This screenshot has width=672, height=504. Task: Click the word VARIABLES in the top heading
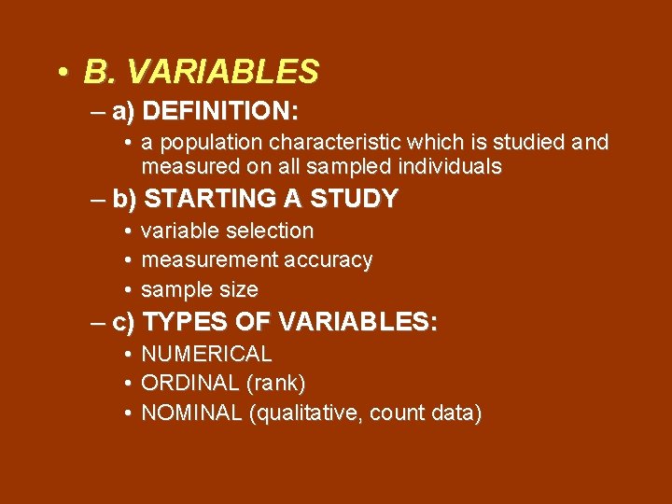(x=222, y=71)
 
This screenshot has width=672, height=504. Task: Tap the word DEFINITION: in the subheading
(x=222, y=112)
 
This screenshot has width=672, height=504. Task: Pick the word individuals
(x=448, y=167)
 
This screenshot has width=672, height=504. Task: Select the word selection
(x=270, y=231)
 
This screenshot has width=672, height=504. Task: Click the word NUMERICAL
(x=206, y=355)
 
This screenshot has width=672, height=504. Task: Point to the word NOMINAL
(x=191, y=413)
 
